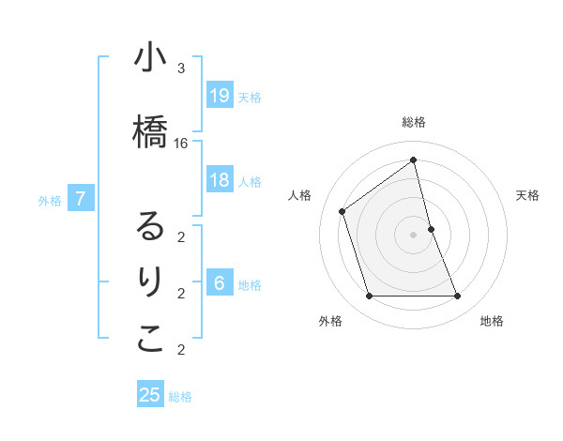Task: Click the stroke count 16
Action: point(181,144)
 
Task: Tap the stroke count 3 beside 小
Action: point(181,68)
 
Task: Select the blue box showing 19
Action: point(220,96)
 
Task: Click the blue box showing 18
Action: point(220,181)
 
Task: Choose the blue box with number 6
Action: point(220,284)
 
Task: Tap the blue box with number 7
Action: point(82,199)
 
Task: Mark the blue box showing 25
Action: point(150,395)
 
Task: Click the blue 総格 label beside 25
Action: point(180,397)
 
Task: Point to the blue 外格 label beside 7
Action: point(50,200)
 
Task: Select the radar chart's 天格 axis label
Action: point(527,195)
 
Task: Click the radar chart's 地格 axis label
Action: point(492,321)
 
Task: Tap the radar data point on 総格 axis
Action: point(413,160)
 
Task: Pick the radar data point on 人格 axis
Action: point(342,211)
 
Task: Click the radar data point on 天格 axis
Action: point(431,228)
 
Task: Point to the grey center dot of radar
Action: point(413,234)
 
